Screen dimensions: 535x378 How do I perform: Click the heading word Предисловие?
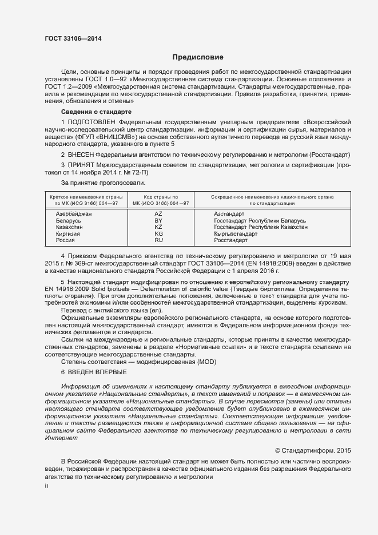pos(198,57)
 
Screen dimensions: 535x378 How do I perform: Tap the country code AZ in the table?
pos(158,213)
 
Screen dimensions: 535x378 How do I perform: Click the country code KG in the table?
pos(158,234)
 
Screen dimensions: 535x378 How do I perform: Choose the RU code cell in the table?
pos(158,241)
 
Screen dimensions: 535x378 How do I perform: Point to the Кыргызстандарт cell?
pos(235,234)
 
